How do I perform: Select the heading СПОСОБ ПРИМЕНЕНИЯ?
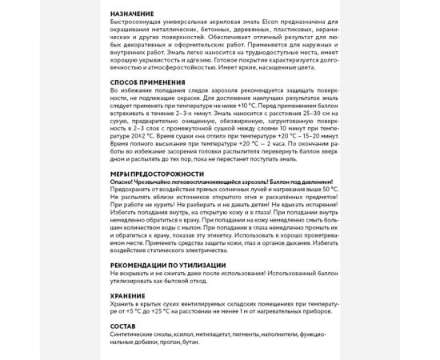click(149, 82)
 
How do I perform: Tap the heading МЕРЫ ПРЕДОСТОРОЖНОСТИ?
click(156, 173)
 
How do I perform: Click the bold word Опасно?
click(125, 181)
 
